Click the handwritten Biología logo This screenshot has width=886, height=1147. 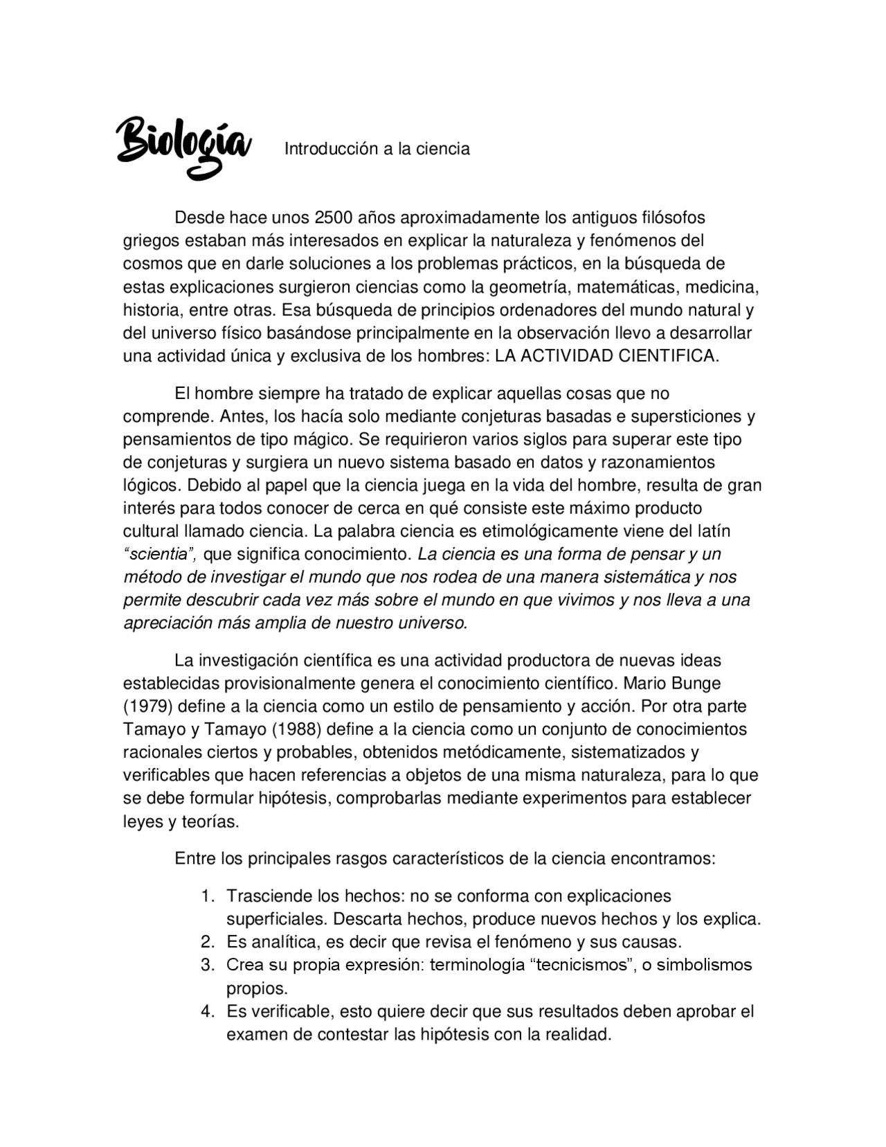(x=182, y=146)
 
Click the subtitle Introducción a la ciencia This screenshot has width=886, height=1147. (x=377, y=149)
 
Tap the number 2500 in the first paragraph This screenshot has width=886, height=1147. (x=334, y=217)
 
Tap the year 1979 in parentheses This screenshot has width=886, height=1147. (x=147, y=706)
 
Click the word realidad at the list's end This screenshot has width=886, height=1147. (x=578, y=1035)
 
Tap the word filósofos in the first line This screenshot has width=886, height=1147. (x=671, y=217)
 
